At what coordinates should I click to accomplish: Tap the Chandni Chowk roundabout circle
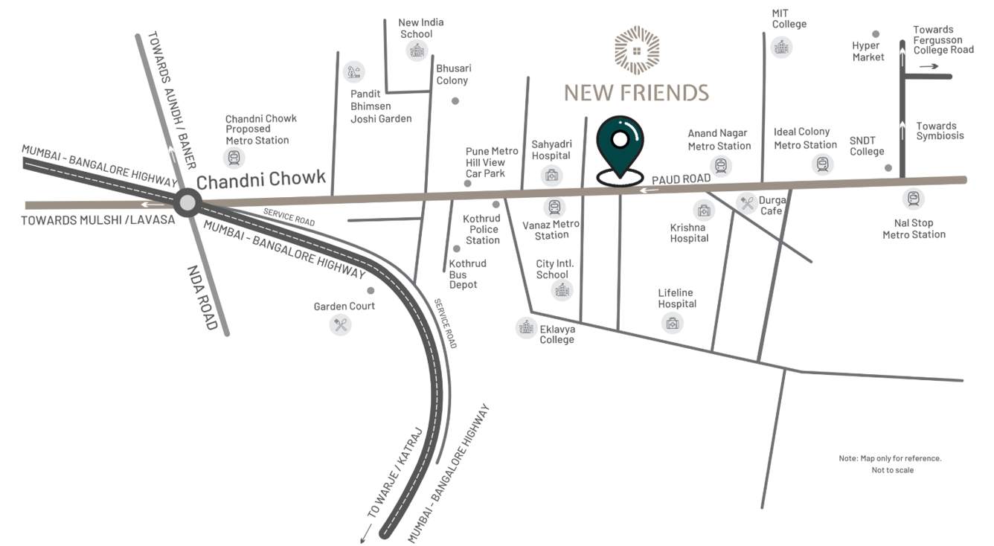tap(187, 202)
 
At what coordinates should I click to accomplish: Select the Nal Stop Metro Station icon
tap(914, 199)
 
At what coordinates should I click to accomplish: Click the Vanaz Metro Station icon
tap(554, 207)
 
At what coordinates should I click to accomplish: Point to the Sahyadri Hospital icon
tap(552, 176)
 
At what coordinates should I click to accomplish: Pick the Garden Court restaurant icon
tap(340, 324)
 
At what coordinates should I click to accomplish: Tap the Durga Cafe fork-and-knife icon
tap(747, 202)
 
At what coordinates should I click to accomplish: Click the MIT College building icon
tap(780, 48)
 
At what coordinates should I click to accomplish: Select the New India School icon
tap(417, 51)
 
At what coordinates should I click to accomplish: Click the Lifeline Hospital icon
tap(673, 323)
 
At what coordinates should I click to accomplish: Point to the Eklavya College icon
tap(526, 327)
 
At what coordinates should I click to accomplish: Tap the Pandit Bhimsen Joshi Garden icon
tap(354, 72)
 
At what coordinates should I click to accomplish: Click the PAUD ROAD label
tap(681, 179)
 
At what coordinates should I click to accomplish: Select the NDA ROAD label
tap(202, 298)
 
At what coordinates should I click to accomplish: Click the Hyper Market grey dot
tap(876, 34)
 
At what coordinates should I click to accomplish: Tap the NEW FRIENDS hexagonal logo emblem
tap(637, 51)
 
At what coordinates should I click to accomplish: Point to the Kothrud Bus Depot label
tap(467, 274)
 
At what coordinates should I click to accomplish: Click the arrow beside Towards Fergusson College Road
tap(929, 66)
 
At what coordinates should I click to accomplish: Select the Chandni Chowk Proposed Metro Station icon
tap(234, 158)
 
